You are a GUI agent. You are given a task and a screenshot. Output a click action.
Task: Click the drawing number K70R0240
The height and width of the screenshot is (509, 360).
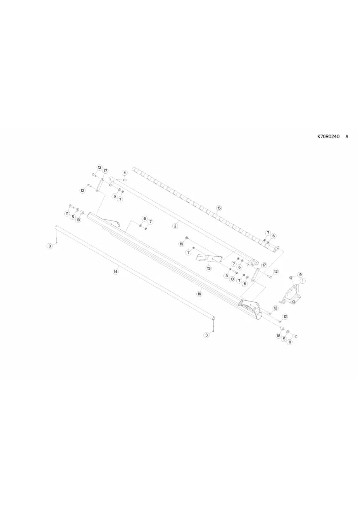click(329, 137)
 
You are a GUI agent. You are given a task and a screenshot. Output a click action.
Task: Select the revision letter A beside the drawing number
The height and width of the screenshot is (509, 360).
click(347, 137)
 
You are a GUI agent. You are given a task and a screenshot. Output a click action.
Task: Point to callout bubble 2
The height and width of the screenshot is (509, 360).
click(175, 226)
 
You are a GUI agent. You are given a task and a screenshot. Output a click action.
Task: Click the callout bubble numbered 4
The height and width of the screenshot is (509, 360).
click(125, 173)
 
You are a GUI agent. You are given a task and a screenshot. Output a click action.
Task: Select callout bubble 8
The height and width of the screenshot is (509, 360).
click(227, 276)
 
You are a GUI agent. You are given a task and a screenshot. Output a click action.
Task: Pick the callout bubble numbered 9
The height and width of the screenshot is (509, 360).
click(300, 274)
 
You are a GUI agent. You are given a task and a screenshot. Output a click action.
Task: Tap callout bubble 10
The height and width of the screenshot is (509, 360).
click(232, 279)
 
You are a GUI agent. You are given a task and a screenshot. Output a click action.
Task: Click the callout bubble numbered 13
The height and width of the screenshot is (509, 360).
click(209, 268)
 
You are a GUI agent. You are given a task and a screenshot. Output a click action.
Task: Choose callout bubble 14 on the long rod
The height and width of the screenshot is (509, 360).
click(116, 272)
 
